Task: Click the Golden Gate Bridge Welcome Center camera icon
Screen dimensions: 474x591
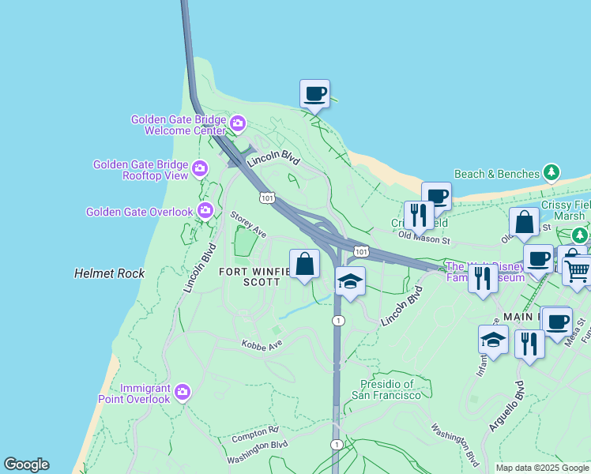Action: click(x=238, y=124)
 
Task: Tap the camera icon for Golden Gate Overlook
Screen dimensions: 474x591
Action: click(x=205, y=210)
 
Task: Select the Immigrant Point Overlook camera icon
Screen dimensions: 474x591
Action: click(x=183, y=392)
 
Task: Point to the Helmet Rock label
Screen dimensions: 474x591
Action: click(x=109, y=273)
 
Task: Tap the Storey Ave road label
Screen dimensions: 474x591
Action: click(x=248, y=224)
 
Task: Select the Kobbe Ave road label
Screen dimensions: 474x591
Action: click(x=262, y=345)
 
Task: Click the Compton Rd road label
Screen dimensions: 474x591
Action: click(x=256, y=434)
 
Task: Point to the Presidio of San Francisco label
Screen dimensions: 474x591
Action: click(x=382, y=389)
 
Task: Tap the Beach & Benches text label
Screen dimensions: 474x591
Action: click(x=497, y=173)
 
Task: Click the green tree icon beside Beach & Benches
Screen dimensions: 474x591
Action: click(x=551, y=172)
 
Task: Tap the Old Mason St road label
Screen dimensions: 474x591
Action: click(x=423, y=235)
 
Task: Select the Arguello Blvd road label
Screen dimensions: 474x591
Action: click(x=506, y=406)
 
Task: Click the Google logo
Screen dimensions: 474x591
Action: click(x=26, y=465)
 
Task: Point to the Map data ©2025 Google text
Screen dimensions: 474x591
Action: click(x=542, y=468)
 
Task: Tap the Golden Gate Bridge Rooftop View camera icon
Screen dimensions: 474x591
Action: click(x=201, y=168)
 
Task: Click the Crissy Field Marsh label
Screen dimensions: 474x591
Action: click(x=566, y=211)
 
